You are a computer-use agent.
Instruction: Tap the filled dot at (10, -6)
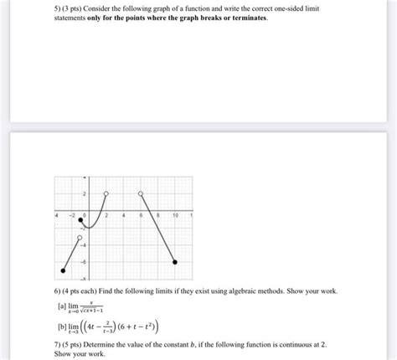174,262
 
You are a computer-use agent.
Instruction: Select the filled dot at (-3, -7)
64,270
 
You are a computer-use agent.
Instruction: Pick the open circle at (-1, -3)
80,239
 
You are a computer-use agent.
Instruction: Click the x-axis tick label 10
174,215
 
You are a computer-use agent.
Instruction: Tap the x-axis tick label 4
124,215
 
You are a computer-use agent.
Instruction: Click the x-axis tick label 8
157,215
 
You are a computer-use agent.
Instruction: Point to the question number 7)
49,344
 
